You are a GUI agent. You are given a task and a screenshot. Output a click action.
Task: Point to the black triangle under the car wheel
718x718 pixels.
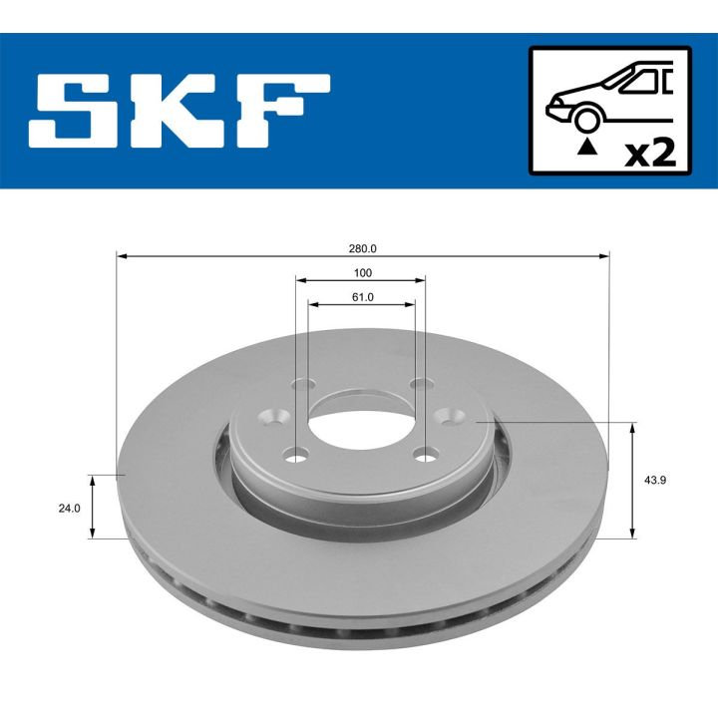(x=587, y=148)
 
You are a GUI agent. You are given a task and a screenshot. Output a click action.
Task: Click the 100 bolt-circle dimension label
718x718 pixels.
(x=362, y=272)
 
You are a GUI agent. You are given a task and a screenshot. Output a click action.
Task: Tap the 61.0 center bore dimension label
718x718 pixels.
(x=362, y=296)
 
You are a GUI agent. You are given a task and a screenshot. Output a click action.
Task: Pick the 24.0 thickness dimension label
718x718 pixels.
(x=69, y=508)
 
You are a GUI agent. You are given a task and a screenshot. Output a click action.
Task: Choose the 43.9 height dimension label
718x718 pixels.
(x=656, y=480)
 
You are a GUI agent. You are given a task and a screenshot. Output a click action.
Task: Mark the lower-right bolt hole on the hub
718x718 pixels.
(x=427, y=456)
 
